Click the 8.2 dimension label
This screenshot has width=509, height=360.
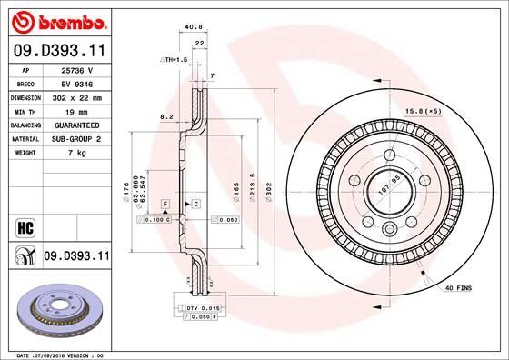[167, 117]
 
